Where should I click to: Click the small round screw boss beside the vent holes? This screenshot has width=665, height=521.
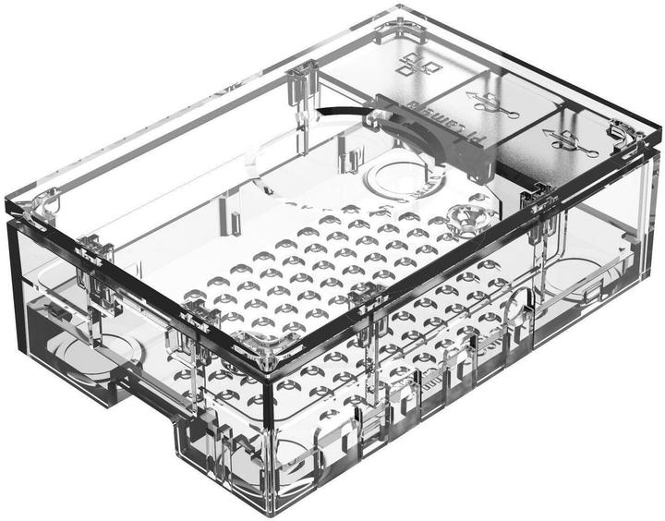tap(465, 219)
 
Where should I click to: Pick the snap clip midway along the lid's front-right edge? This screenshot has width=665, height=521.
tap(369, 296)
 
